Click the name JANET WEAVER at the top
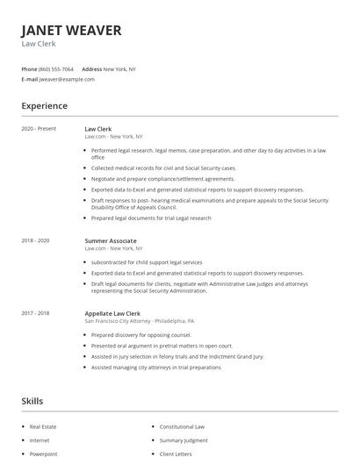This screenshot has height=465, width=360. pyautogui.click(x=72, y=31)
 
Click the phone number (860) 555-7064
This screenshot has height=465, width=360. pyautogui.click(x=57, y=68)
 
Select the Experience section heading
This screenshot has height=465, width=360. pyautogui.click(x=45, y=106)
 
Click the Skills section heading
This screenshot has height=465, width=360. pyautogui.click(x=32, y=400)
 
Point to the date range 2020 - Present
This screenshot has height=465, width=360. pyautogui.click(x=39, y=129)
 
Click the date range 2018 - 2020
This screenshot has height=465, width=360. pyautogui.click(x=35, y=240)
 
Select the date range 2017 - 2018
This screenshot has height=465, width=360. pyautogui.click(x=35, y=313)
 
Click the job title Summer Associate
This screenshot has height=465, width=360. pyautogui.click(x=111, y=240)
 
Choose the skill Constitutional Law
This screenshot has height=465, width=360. pyautogui.click(x=182, y=426)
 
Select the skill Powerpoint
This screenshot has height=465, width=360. pyautogui.click(x=43, y=454)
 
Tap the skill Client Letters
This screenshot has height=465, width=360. pyautogui.click(x=176, y=454)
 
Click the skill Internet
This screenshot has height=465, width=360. pyautogui.click(x=40, y=440)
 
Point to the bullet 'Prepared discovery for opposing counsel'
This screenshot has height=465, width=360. pyautogui.click(x=140, y=334)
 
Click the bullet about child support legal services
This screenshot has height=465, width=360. pyautogui.click(x=147, y=262)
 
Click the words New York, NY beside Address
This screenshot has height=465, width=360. pyautogui.click(x=119, y=68)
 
